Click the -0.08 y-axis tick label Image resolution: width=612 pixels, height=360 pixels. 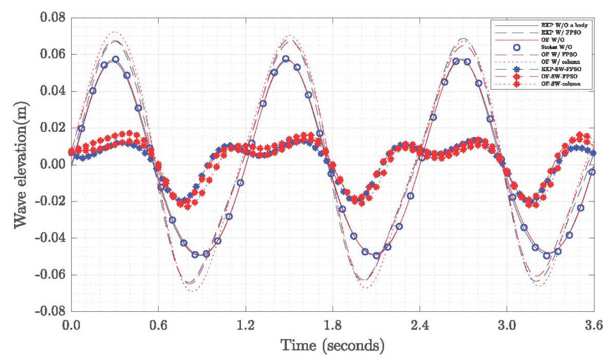[50, 311]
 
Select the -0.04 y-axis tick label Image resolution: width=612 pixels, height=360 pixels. [50, 238]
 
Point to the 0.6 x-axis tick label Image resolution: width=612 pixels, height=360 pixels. [158, 324]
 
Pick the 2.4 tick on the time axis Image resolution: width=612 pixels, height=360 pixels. [420, 324]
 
